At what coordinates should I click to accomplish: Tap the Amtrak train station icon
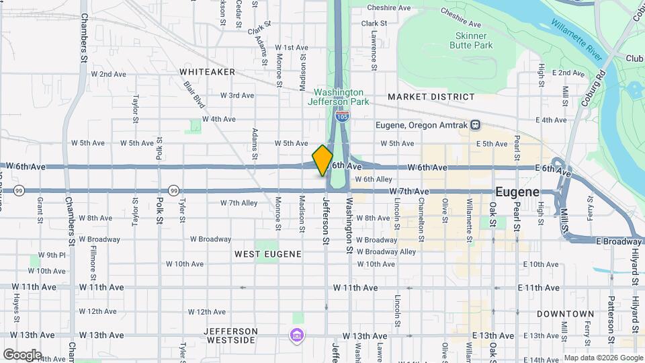tap(475, 125)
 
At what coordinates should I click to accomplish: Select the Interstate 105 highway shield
tap(343, 116)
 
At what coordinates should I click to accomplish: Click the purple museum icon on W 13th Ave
tap(296, 335)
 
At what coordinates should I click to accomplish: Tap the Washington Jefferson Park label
tap(339, 97)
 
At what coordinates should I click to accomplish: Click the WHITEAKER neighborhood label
tap(207, 71)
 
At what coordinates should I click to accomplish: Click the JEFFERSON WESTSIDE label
tap(230, 335)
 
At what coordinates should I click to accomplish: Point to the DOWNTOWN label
tap(565, 314)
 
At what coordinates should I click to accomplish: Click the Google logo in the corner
tap(22, 354)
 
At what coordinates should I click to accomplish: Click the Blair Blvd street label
tap(194, 95)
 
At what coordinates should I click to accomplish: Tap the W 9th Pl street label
tap(52, 255)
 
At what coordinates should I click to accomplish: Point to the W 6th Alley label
tap(373, 179)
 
